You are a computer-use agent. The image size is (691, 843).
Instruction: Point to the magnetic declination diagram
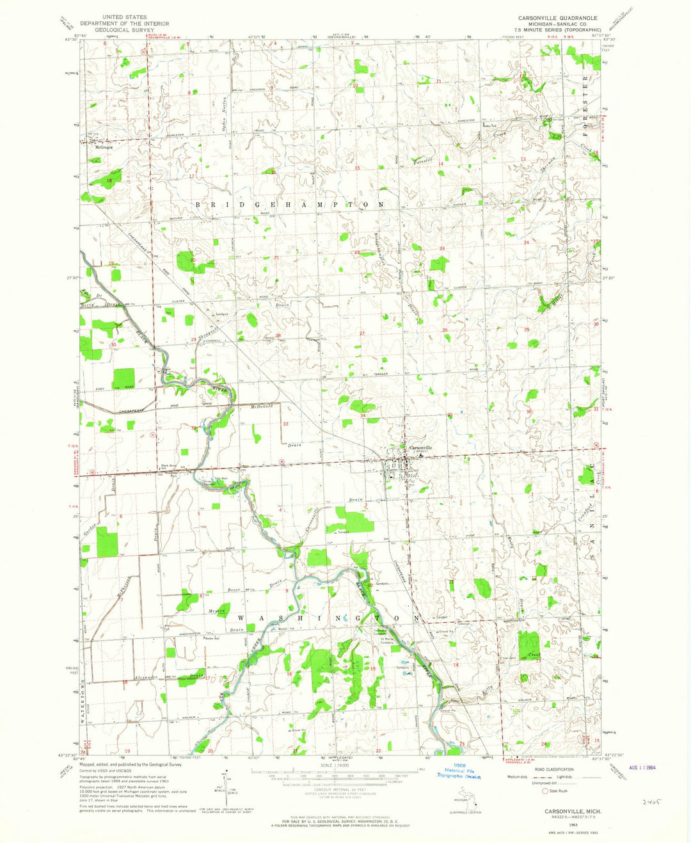coord(221,797)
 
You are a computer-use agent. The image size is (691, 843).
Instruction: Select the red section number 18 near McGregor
coord(109,181)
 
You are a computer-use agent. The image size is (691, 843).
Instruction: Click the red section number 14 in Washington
coord(456,665)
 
